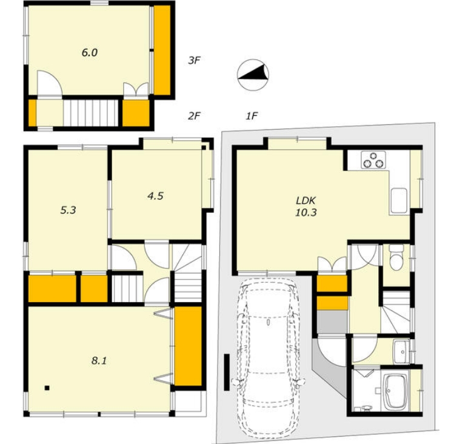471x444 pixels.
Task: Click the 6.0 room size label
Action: point(90,53)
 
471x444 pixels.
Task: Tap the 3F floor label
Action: point(194,61)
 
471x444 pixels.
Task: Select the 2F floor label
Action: point(194,116)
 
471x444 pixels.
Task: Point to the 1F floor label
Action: point(252,116)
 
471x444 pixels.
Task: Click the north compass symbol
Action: point(253,75)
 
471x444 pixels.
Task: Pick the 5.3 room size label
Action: point(68,210)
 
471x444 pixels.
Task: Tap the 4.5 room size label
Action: point(155,196)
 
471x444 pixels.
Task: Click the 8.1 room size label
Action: point(99,360)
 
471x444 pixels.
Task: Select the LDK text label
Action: point(306,200)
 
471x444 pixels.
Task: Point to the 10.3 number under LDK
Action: point(306,212)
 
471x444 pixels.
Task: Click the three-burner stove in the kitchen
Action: point(373,160)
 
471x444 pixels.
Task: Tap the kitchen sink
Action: point(399,201)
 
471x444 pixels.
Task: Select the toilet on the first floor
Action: point(396,257)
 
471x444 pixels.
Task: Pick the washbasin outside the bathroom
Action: point(401,351)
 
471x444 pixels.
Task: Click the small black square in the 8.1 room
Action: point(47,388)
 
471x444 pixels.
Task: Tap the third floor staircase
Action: point(90,113)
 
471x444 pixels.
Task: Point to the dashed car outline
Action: point(269,360)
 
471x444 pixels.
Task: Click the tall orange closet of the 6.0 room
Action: point(162,50)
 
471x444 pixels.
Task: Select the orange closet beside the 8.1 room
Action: point(188,346)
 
